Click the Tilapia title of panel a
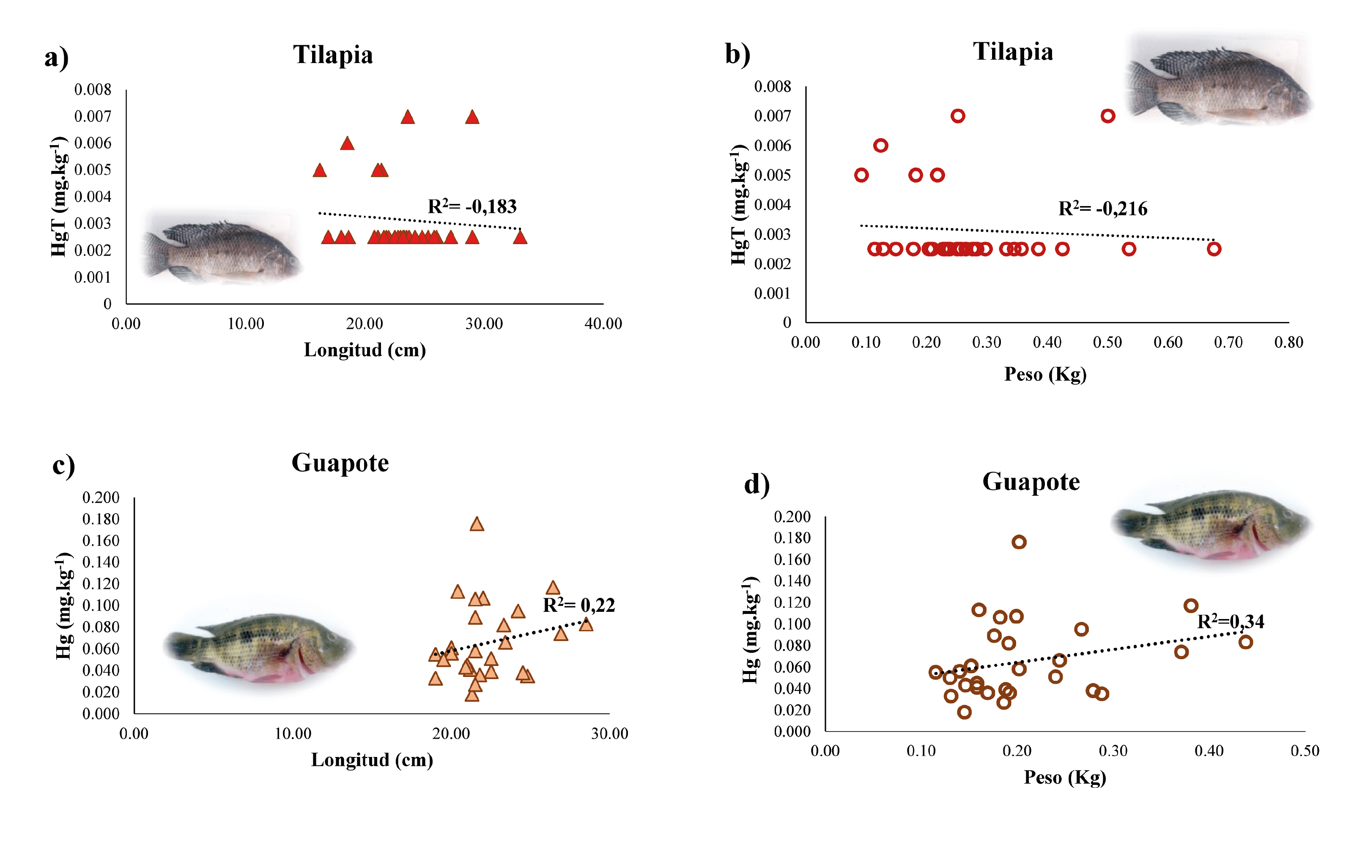coord(333,55)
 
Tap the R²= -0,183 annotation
coord(472,206)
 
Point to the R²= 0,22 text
coord(578,605)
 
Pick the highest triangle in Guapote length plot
coord(477,524)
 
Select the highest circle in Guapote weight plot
coord(1019,542)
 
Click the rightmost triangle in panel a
coord(520,237)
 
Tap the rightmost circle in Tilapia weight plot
coord(1214,249)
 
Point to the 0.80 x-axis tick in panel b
coord(1288,342)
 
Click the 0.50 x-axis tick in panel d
coord(1305,751)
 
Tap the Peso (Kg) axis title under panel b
coord(1045,374)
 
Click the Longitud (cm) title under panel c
coord(372,760)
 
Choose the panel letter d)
coord(757,484)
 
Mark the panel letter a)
coord(56,58)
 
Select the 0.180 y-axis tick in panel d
coord(792,538)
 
